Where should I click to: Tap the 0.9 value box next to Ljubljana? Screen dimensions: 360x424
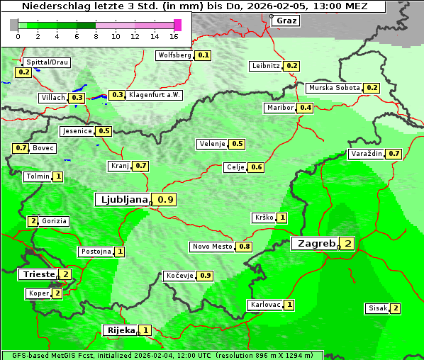click(x=165, y=200)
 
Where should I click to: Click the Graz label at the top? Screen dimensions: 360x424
click(x=286, y=21)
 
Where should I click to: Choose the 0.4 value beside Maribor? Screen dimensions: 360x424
click(x=306, y=108)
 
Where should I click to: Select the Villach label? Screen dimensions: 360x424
click(x=52, y=98)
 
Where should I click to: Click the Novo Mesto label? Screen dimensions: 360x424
click(x=212, y=247)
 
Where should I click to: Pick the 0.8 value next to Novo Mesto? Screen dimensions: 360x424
click(x=244, y=247)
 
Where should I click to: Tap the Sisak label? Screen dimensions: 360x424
click(x=376, y=308)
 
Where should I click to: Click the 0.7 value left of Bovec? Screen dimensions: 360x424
click(x=21, y=148)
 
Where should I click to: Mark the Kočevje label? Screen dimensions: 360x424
click(x=179, y=275)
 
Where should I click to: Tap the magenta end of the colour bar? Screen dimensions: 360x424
click(x=178, y=25)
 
